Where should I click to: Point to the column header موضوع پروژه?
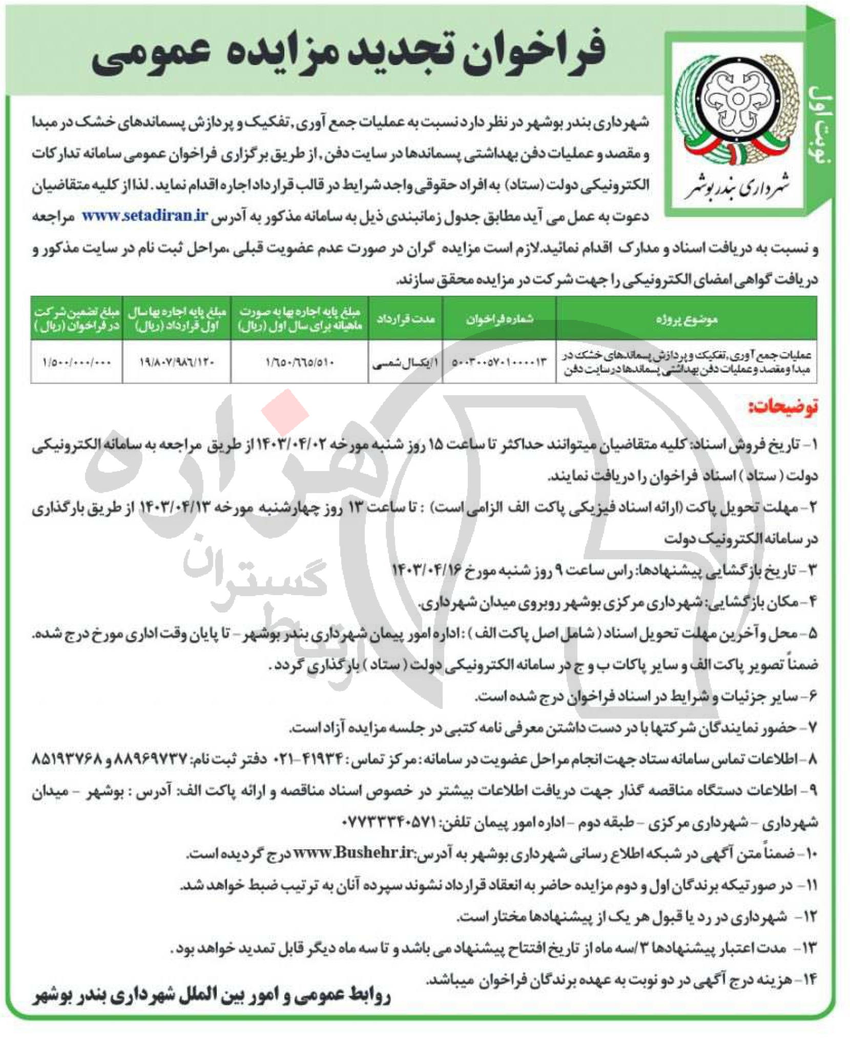coord(686,319)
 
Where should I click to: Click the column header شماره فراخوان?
coord(499,319)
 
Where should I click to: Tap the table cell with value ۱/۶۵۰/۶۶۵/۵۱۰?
coord(300,362)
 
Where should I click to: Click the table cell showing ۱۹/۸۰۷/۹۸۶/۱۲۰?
coord(177,362)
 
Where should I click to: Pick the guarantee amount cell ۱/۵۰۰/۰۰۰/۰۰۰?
coord(77,362)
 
